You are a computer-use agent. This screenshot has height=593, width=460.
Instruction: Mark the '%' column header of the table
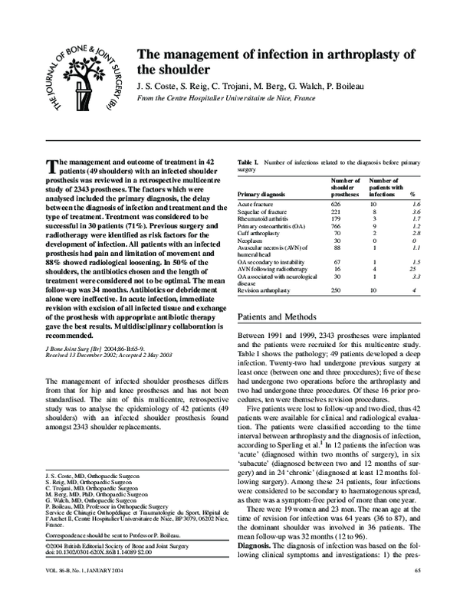412,195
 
